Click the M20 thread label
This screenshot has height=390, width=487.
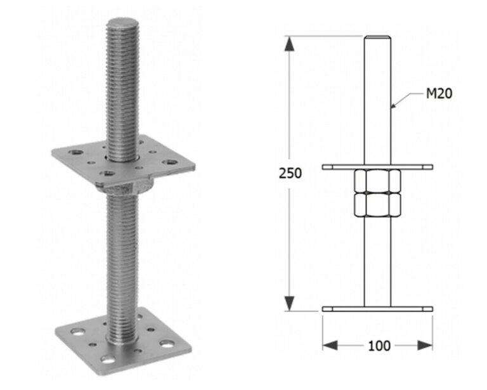pyautogui.click(x=439, y=94)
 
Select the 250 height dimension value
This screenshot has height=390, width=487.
pyautogui.click(x=290, y=173)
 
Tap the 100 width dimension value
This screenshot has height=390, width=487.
pyautogui.click(x=379, y=346)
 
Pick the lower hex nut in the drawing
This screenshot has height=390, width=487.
pyautogui.click(x=378, y=204)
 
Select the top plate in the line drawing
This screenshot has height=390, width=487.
pyautogui.click(x=378, y=167)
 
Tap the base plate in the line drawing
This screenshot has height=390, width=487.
pyautogui.click(x=378, y=309)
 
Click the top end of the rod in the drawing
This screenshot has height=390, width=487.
pyautogui.click(x=378, y=38)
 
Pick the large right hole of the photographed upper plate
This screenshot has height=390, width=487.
pyautogui.click(x=169, y=162)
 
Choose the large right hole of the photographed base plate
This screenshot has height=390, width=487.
pyautogui.click(x=166, y=343)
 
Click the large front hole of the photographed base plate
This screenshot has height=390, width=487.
pyautogui.click(x=108, y=360)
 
